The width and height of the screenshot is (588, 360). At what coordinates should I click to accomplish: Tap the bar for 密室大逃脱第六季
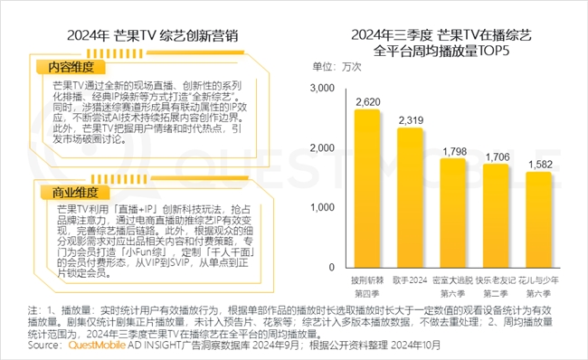coord(453,214)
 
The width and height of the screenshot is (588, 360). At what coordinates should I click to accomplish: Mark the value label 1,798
coord(453,150)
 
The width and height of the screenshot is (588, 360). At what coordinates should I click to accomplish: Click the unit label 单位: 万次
coord(337,67)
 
